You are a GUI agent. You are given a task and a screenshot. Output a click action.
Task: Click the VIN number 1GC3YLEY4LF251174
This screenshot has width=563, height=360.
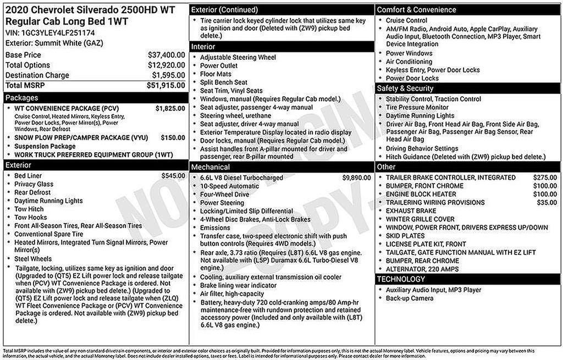(x=58, y=33)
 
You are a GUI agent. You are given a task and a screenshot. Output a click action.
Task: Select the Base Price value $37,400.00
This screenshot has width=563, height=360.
(x=166, y=55)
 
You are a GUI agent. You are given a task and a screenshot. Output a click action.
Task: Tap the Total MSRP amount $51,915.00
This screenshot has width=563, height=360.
(x=165, y=85)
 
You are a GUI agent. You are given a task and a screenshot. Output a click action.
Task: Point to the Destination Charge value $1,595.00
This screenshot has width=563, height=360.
(x=168, y=75)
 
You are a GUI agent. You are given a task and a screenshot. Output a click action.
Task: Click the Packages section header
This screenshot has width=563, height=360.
(x=21, y=97)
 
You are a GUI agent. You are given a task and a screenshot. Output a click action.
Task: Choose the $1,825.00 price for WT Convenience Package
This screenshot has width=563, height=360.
(x=170, y=109)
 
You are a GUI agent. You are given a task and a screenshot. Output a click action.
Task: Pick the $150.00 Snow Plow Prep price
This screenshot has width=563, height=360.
(x=173, y=137)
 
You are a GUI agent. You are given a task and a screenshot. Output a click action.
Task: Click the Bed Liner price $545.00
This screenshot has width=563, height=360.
(x=173, y=176)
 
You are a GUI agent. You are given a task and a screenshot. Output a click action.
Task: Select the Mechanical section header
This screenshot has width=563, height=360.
(x=211, y=167)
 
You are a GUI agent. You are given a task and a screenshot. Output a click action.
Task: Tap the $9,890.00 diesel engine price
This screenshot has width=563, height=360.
(x=356, y=178)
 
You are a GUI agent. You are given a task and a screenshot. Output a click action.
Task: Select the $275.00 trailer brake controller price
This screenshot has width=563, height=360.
(x=545, y=178)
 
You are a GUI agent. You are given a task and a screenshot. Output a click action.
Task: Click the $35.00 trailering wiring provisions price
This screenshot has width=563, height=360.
(x=547, y=202)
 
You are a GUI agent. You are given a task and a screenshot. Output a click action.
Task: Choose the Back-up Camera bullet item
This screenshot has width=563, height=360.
(x=410, y=298)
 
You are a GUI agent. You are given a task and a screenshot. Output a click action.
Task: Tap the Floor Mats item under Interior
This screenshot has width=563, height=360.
(x=216, y=74)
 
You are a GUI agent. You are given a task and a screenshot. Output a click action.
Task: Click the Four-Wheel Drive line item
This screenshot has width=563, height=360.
(x=224, y=195)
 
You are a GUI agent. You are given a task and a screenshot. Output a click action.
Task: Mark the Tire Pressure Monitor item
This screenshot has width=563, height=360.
(x=417, y=108)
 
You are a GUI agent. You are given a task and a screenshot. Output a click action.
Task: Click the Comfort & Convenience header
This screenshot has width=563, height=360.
(x=416, y=10)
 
